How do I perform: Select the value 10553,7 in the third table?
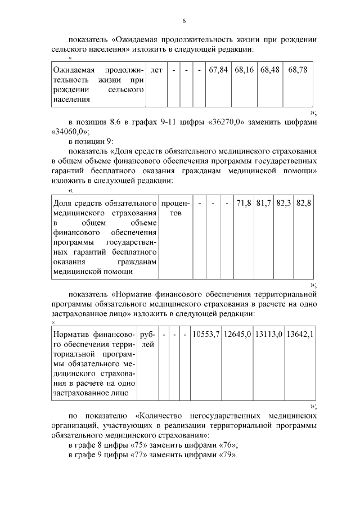205,335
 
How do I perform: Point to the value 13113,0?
268,335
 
